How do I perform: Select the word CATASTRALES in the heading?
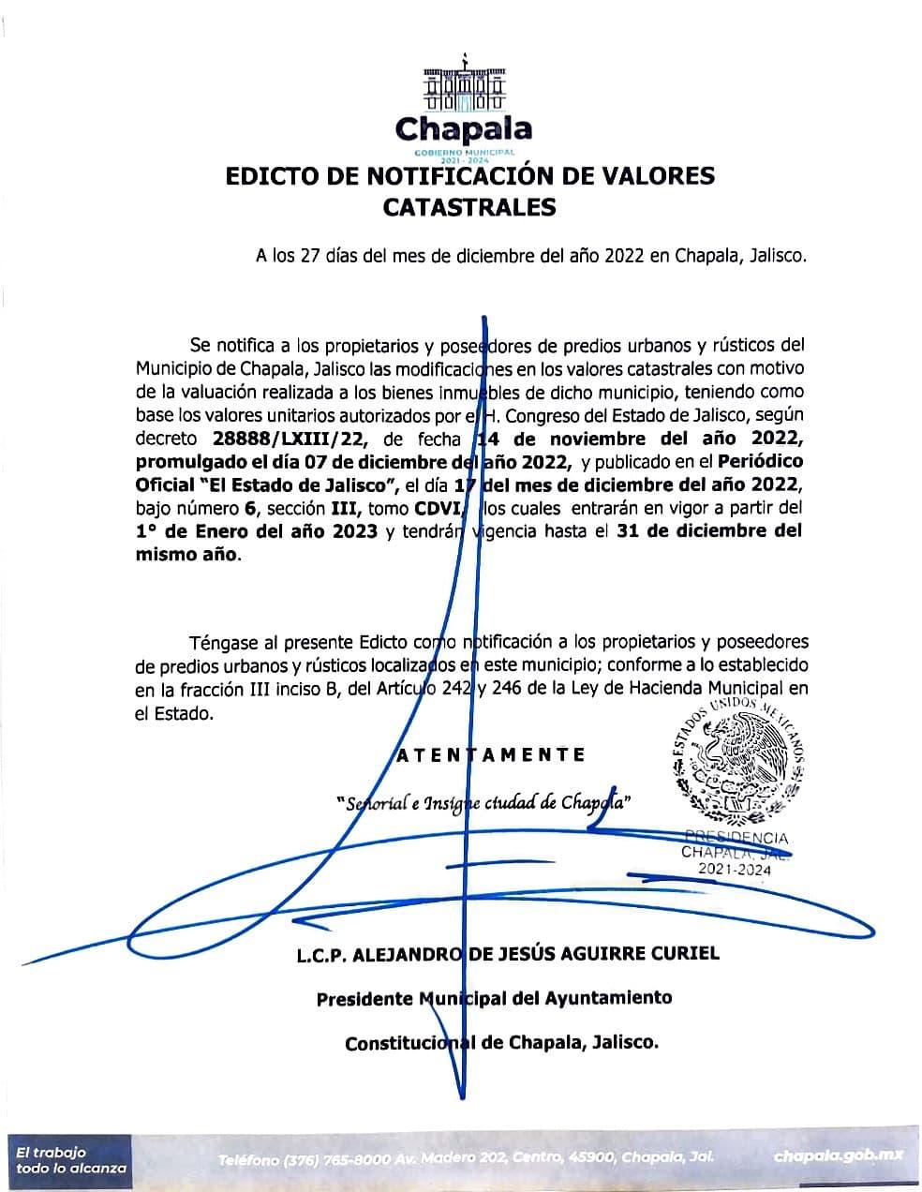[x=469, y=207]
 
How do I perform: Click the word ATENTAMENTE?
[x=492, y=754]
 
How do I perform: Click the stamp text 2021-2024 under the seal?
[x=736, y=870]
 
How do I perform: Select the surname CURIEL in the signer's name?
[x=680, y=953]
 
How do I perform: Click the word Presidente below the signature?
[x=364, y=998]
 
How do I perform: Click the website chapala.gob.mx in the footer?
[x=839, y=1156]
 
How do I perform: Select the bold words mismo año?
[x=186, y=555]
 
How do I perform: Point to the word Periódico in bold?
[x=760, y=461]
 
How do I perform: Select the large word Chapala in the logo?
[x=463, y=128]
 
